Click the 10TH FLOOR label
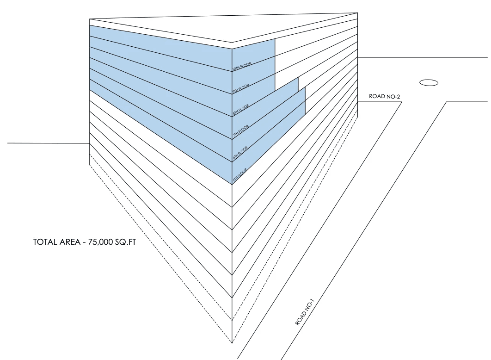[x=242, y=67]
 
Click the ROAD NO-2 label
[x=384, y=96]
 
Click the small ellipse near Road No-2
[x=428, y=82]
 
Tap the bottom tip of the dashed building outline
[x=232, y=343]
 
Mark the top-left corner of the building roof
[x=90, y=19]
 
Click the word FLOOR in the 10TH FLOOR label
[x=245, y=65]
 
